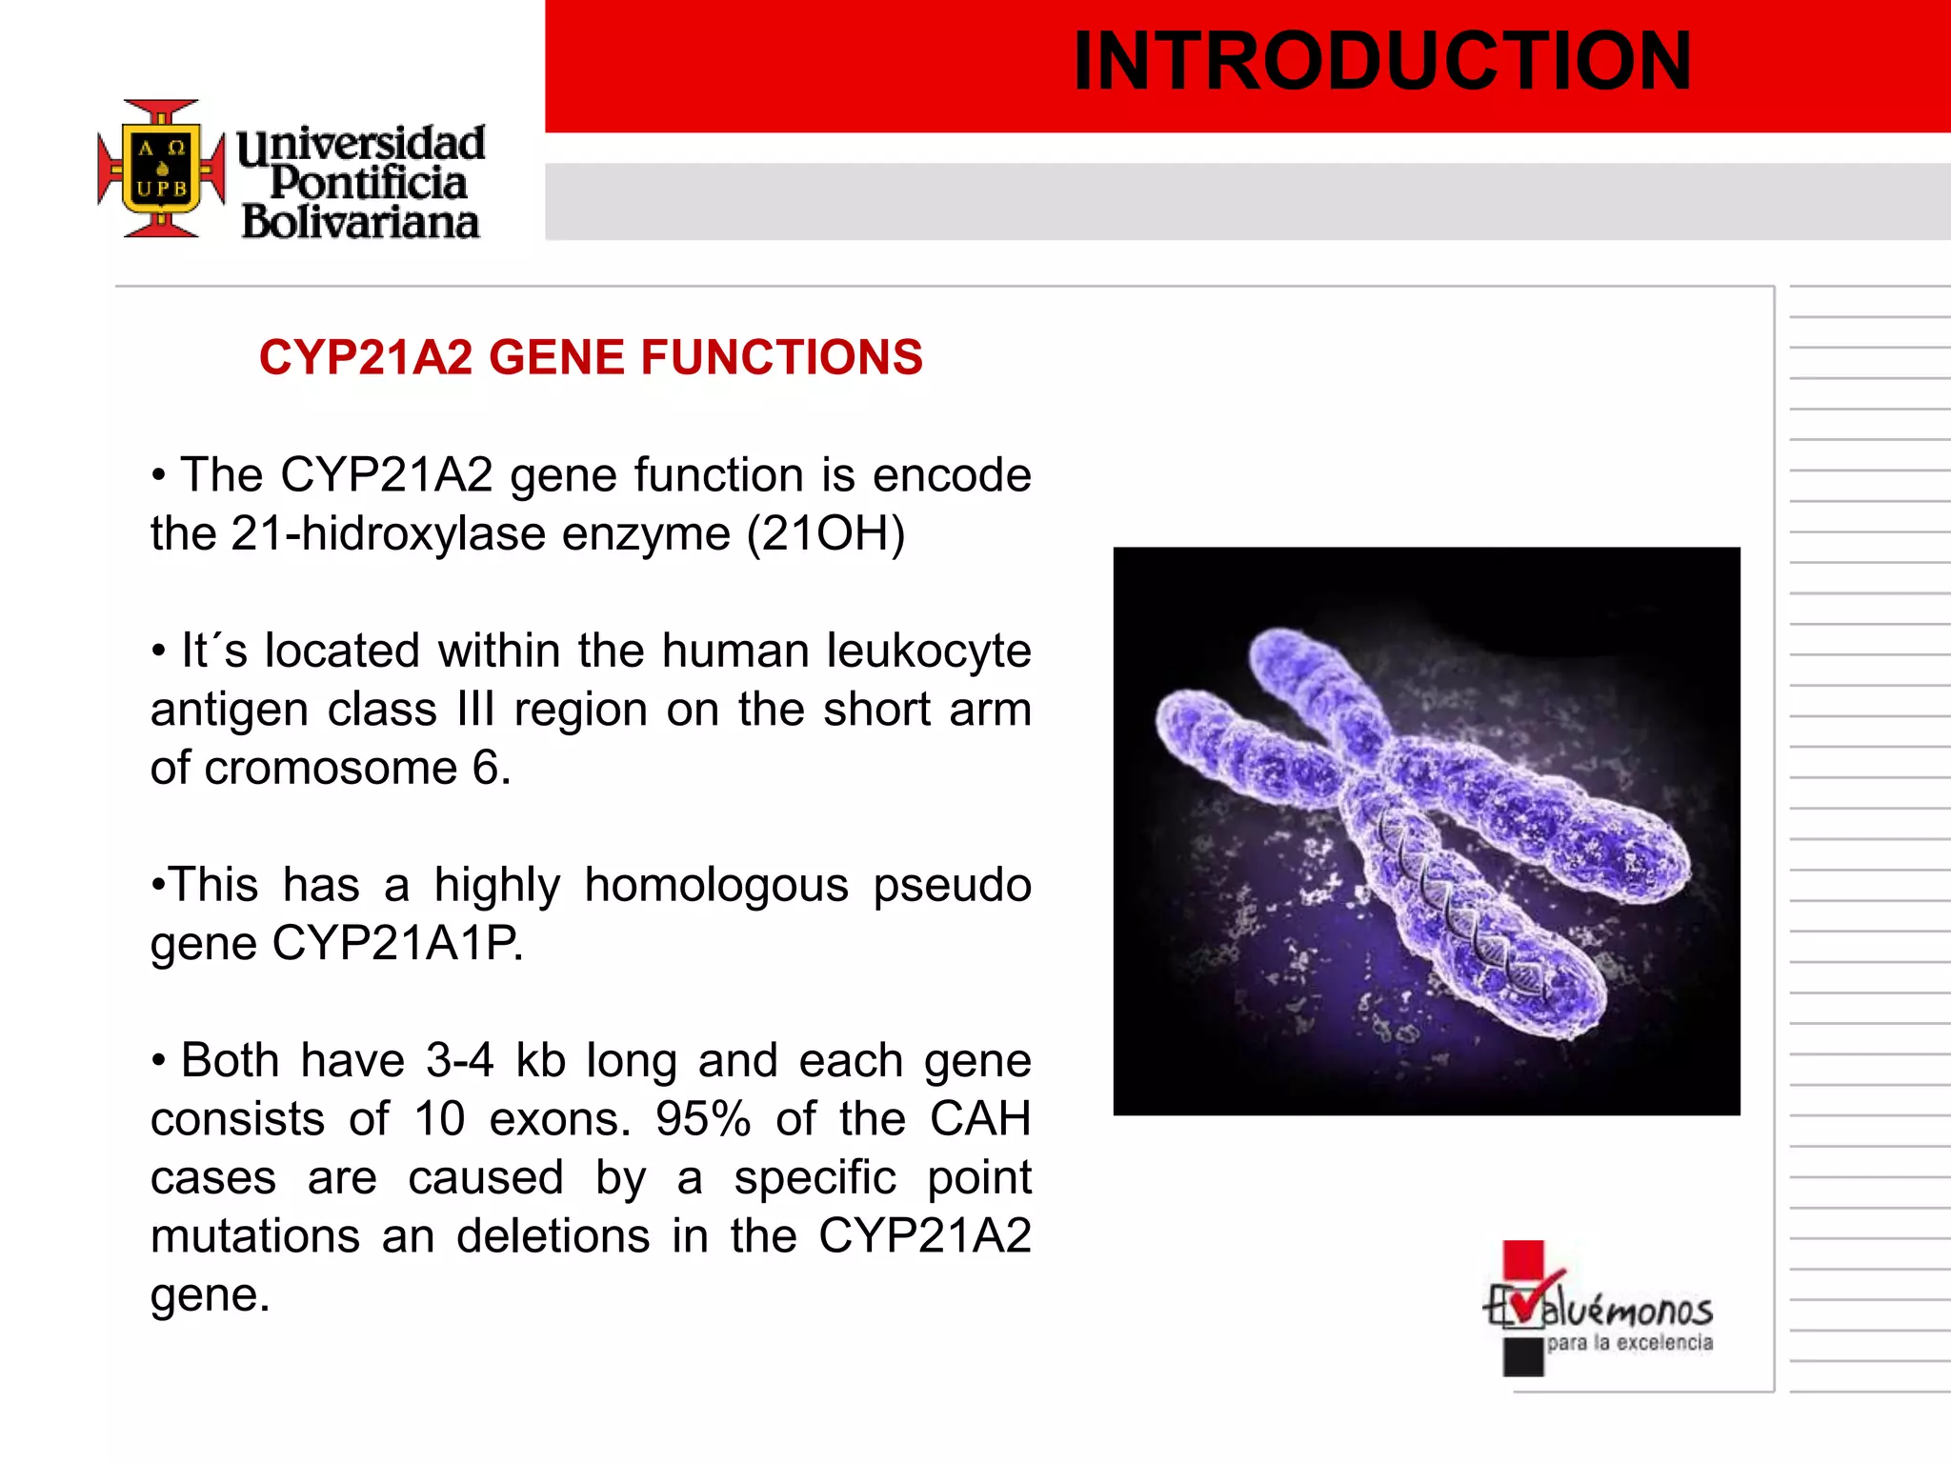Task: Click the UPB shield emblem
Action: [162, 169]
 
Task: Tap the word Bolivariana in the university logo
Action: [360, 223]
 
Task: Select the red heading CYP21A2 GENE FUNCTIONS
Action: [591, 358]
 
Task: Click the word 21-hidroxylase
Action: [388, 534]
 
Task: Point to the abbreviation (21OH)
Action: [825, 534]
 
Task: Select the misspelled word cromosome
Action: [331, 769]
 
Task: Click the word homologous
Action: [715, 886]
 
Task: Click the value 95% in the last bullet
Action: [703, 1120]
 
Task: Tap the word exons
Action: [559, 1120]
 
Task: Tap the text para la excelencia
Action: [1629, 1343]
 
